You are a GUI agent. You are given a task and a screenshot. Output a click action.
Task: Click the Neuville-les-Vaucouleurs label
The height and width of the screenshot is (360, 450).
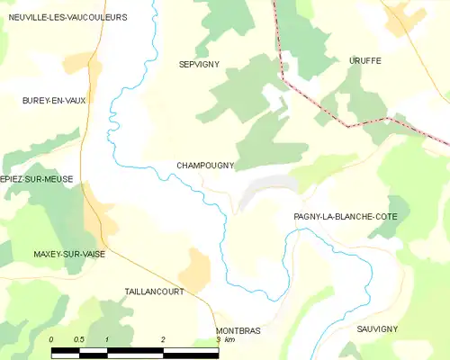(x=67, y=17)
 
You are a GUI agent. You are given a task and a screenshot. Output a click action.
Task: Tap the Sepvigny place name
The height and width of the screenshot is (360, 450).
(x=200, y=64)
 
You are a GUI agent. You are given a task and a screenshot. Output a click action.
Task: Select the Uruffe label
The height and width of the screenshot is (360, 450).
(x=364, y=60)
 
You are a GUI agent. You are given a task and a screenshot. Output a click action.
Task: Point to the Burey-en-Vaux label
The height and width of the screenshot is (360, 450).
(x=54, y=101)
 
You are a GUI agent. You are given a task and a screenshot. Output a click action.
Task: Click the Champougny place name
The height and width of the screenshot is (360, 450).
(x=205, y=166)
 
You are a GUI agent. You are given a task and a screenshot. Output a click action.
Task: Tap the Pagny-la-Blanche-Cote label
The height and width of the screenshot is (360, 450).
(x=346, y=217)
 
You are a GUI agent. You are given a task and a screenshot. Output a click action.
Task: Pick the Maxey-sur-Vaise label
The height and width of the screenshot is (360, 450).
(x=68, y=255)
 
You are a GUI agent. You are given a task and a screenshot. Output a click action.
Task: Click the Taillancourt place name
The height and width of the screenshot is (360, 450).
(x=155, y=292)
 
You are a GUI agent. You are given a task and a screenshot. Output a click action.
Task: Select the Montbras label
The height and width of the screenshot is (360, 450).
(x=238, y=331)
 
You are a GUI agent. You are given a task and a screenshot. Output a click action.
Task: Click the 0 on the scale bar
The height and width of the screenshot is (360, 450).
(x=51, y=339)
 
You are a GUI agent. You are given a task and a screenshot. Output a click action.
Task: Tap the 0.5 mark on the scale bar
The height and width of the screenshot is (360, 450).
(x=79, y=339)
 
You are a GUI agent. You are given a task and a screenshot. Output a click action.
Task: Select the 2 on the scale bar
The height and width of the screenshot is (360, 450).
(x=163, y=339)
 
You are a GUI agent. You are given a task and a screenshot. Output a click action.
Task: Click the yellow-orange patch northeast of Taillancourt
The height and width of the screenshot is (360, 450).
(x=194, y=267)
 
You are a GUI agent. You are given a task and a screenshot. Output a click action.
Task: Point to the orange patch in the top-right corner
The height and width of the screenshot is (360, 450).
(x=399, y=20)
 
